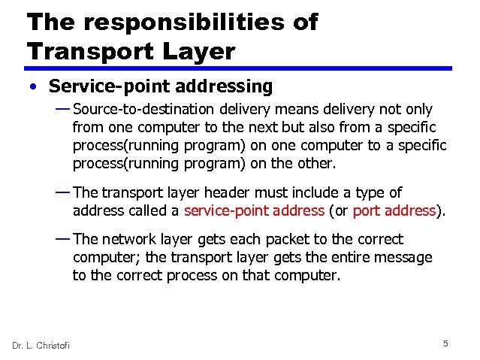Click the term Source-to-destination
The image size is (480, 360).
pos(144,110)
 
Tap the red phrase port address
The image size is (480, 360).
pos(394,210)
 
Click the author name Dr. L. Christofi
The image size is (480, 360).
pos(41,345)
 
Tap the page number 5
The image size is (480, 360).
pos(445,343)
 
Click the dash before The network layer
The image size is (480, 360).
pos(63,238)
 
